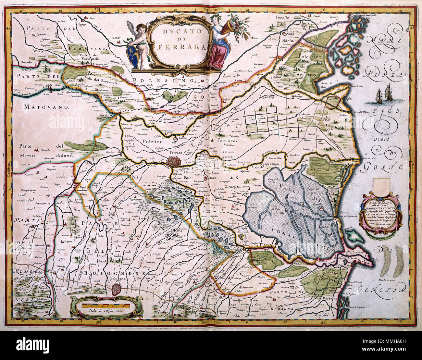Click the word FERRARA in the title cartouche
point(182,46)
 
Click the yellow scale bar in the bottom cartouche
point(106,305)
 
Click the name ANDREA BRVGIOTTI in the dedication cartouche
point(382,209)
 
